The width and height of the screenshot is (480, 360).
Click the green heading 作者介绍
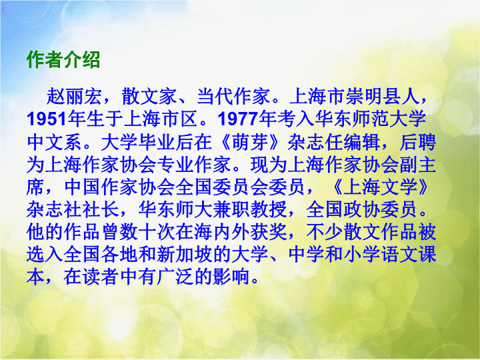[x=63, y=59]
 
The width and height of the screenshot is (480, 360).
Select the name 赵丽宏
[x=74, y=96]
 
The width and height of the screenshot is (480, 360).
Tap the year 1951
[x=47, y=119]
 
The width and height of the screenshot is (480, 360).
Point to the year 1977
[x=238, y=119]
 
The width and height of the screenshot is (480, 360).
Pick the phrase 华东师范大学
[x=370, y=119]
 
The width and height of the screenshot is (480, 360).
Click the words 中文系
[x=54, y=142]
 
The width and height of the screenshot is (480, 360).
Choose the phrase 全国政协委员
[x=361, y=210]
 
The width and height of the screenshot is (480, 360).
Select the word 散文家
[x=149, y=96]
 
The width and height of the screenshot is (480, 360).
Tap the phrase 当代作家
[x=233, y=96]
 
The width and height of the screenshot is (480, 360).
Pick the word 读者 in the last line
[x=101, y=277]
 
